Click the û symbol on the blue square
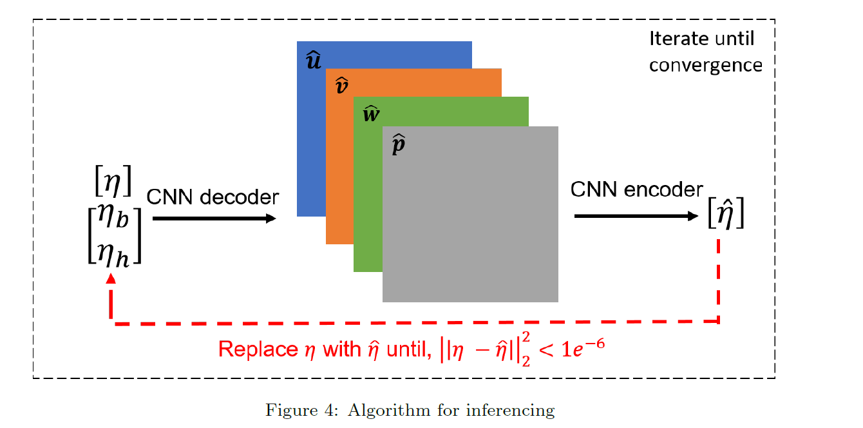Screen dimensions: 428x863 point(313,61)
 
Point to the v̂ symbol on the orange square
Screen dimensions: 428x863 point(342,86)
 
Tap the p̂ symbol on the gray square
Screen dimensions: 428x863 point(399,145)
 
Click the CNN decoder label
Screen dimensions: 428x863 point(213,197)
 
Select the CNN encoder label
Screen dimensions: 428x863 point(637,190)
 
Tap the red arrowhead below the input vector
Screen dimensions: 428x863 point(111,278)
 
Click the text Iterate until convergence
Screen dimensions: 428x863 point(705,52)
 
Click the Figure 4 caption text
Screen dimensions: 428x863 point(410,410)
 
